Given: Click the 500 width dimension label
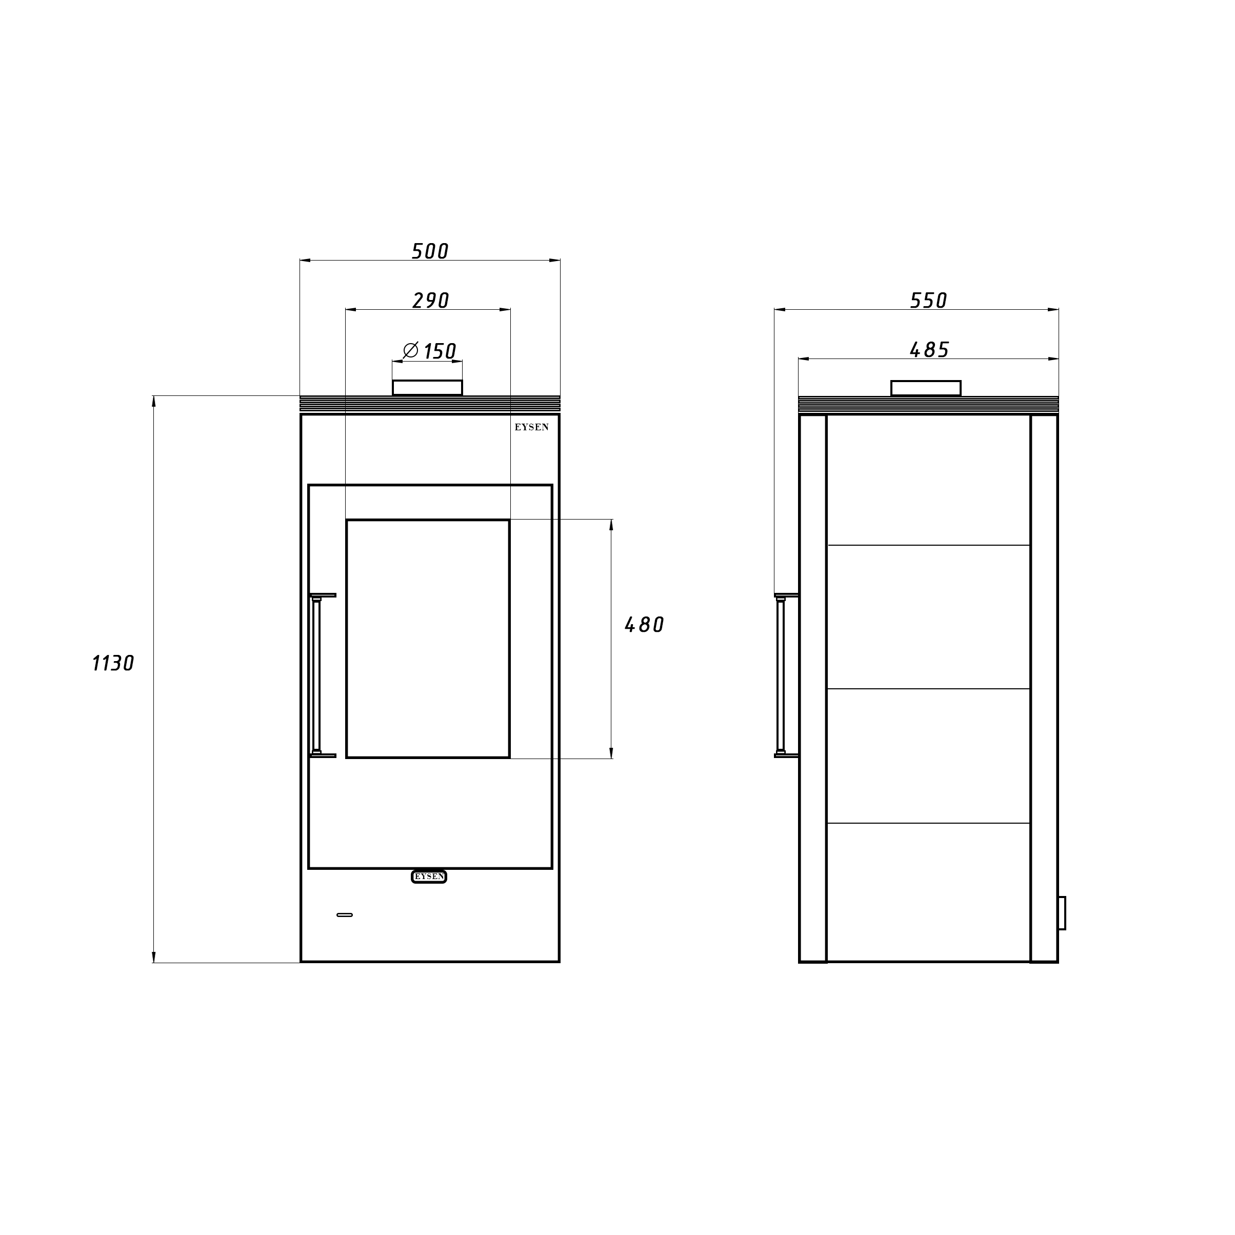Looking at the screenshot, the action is (430, 251).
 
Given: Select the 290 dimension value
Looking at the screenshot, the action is (431, 301).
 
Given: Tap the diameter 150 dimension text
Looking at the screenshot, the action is (430, 351).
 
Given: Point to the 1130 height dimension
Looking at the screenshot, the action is (113, 664).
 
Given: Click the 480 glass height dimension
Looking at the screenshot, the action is (644, 625).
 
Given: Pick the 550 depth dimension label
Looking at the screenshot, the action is (928, 301).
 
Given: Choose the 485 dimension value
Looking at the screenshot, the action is (929, 350).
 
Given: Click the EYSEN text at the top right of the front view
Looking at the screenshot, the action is (532, 427).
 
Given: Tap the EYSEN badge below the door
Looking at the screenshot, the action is (429, 877).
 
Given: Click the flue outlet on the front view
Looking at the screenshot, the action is (427, 387).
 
